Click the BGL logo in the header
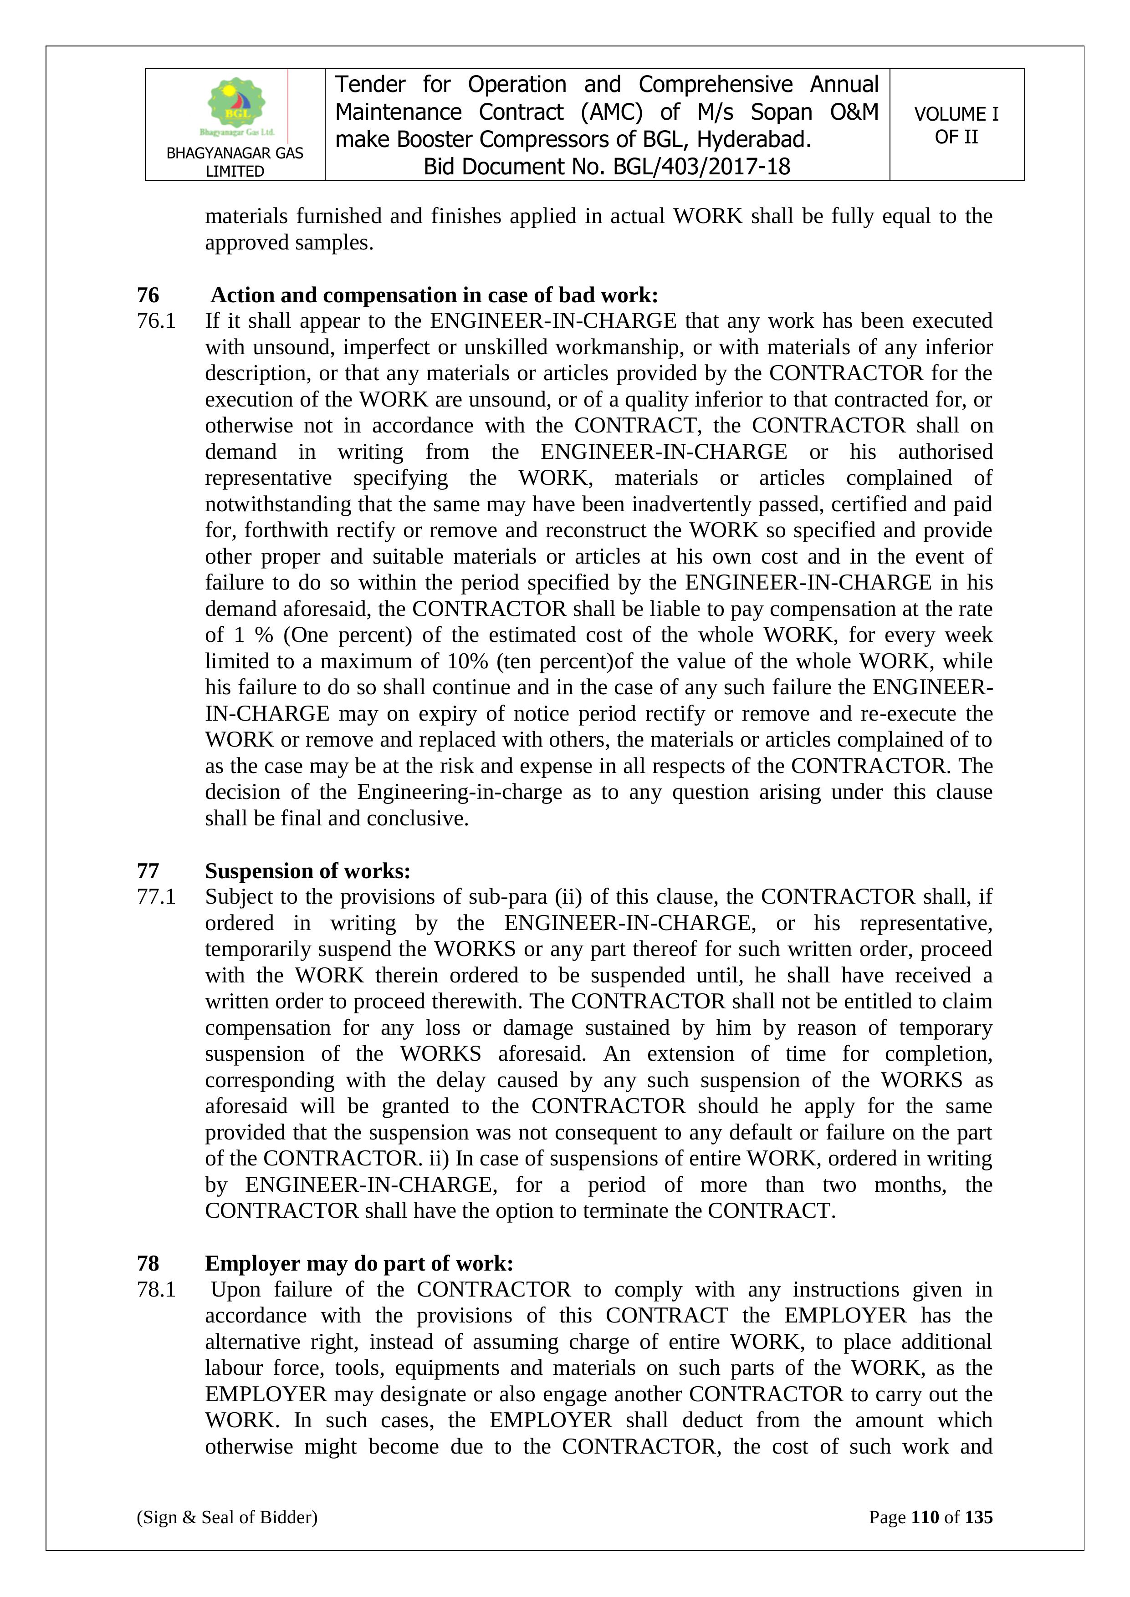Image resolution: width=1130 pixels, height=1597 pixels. [236, 106]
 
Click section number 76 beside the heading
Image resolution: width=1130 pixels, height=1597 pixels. [148, 295]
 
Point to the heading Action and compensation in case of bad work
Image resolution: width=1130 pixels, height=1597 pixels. [434, 295]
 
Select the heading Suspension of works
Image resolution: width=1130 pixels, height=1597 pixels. [307, 871]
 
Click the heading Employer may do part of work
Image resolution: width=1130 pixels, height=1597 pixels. [359, 1263]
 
